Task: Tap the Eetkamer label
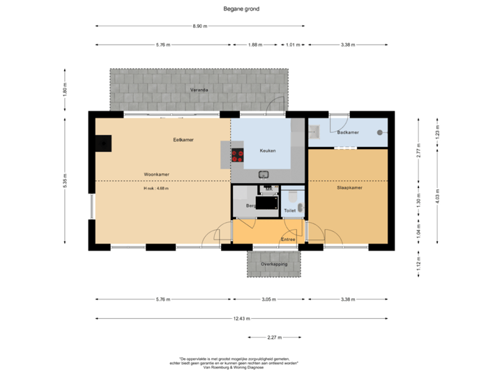point(183,140)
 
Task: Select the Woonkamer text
point(157,174)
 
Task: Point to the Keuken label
point(268,150)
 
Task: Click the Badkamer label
point(347,132)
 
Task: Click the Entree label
point(288,240)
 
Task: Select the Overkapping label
point(274,265)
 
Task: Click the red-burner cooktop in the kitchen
point(238,155)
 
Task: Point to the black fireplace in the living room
point(103,143)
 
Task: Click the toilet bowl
point(292,195)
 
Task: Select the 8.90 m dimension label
point(199,26)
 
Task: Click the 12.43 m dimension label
point(241,318)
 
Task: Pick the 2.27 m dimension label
point(274,337)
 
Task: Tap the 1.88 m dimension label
point(255,45)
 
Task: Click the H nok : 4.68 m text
point(156,189)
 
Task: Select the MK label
point(267,189)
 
